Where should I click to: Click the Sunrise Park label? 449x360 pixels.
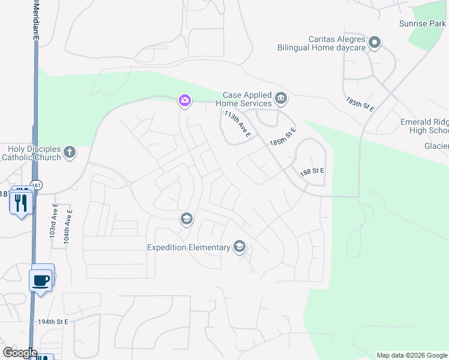pyautogui.click(x=422, y=24)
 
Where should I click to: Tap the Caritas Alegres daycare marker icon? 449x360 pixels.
pyautogui.click(x=375, y=42)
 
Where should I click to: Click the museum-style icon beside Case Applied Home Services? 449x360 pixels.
pyautogui.click(x=280, y=98)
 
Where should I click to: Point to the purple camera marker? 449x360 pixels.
pyautogui.click(x=185, y=101)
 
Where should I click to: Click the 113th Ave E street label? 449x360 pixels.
pyautogui.click(x=237, y=125)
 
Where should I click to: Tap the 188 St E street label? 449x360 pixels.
pyautogui.click(x=312, y=171)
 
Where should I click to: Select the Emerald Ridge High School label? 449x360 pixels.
pyautogui.click(x=424, y=126)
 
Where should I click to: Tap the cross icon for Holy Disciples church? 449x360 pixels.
pyautogui.click(x=70, y=152)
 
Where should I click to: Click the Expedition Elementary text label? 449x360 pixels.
pyautogui.click(x=189, y=247)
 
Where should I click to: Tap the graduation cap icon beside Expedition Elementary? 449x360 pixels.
pyautogui.click(x=240, y=246)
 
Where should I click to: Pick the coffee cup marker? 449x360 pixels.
pyautogui.click(x=41, y=280)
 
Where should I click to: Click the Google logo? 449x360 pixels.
pyautogui.click(x=20, y=353)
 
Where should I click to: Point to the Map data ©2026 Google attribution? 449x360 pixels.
pyautogui.click(x=412, y=355)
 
